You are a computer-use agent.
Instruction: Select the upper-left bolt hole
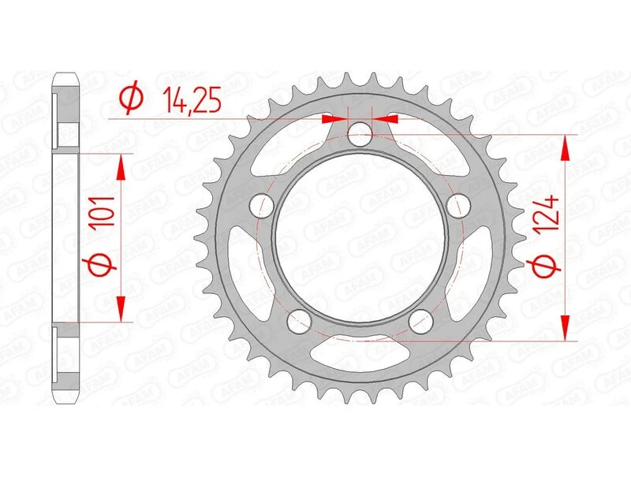261,206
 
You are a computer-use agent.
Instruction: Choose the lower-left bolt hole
298,320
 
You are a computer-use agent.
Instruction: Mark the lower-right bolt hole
421,320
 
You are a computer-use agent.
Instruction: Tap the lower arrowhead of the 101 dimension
121,311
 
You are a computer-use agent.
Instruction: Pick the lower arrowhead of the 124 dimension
566,330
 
